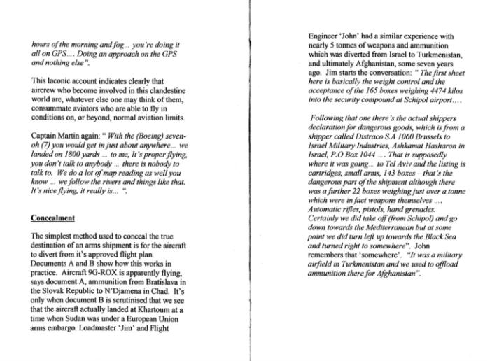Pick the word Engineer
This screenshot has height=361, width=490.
(x=325, y=36)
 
